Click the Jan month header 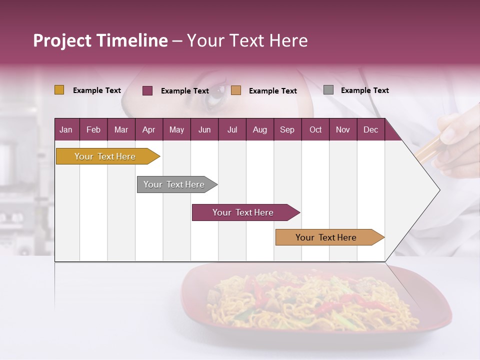66,129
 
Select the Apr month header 148,129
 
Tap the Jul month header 232,129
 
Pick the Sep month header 287,129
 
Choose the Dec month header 370,129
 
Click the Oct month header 315,129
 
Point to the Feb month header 93,129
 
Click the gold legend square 59,90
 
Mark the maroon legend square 147,90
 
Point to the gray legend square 328,90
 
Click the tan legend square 236,90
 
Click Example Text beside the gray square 364,90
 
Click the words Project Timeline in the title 100,40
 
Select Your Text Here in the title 247,40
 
